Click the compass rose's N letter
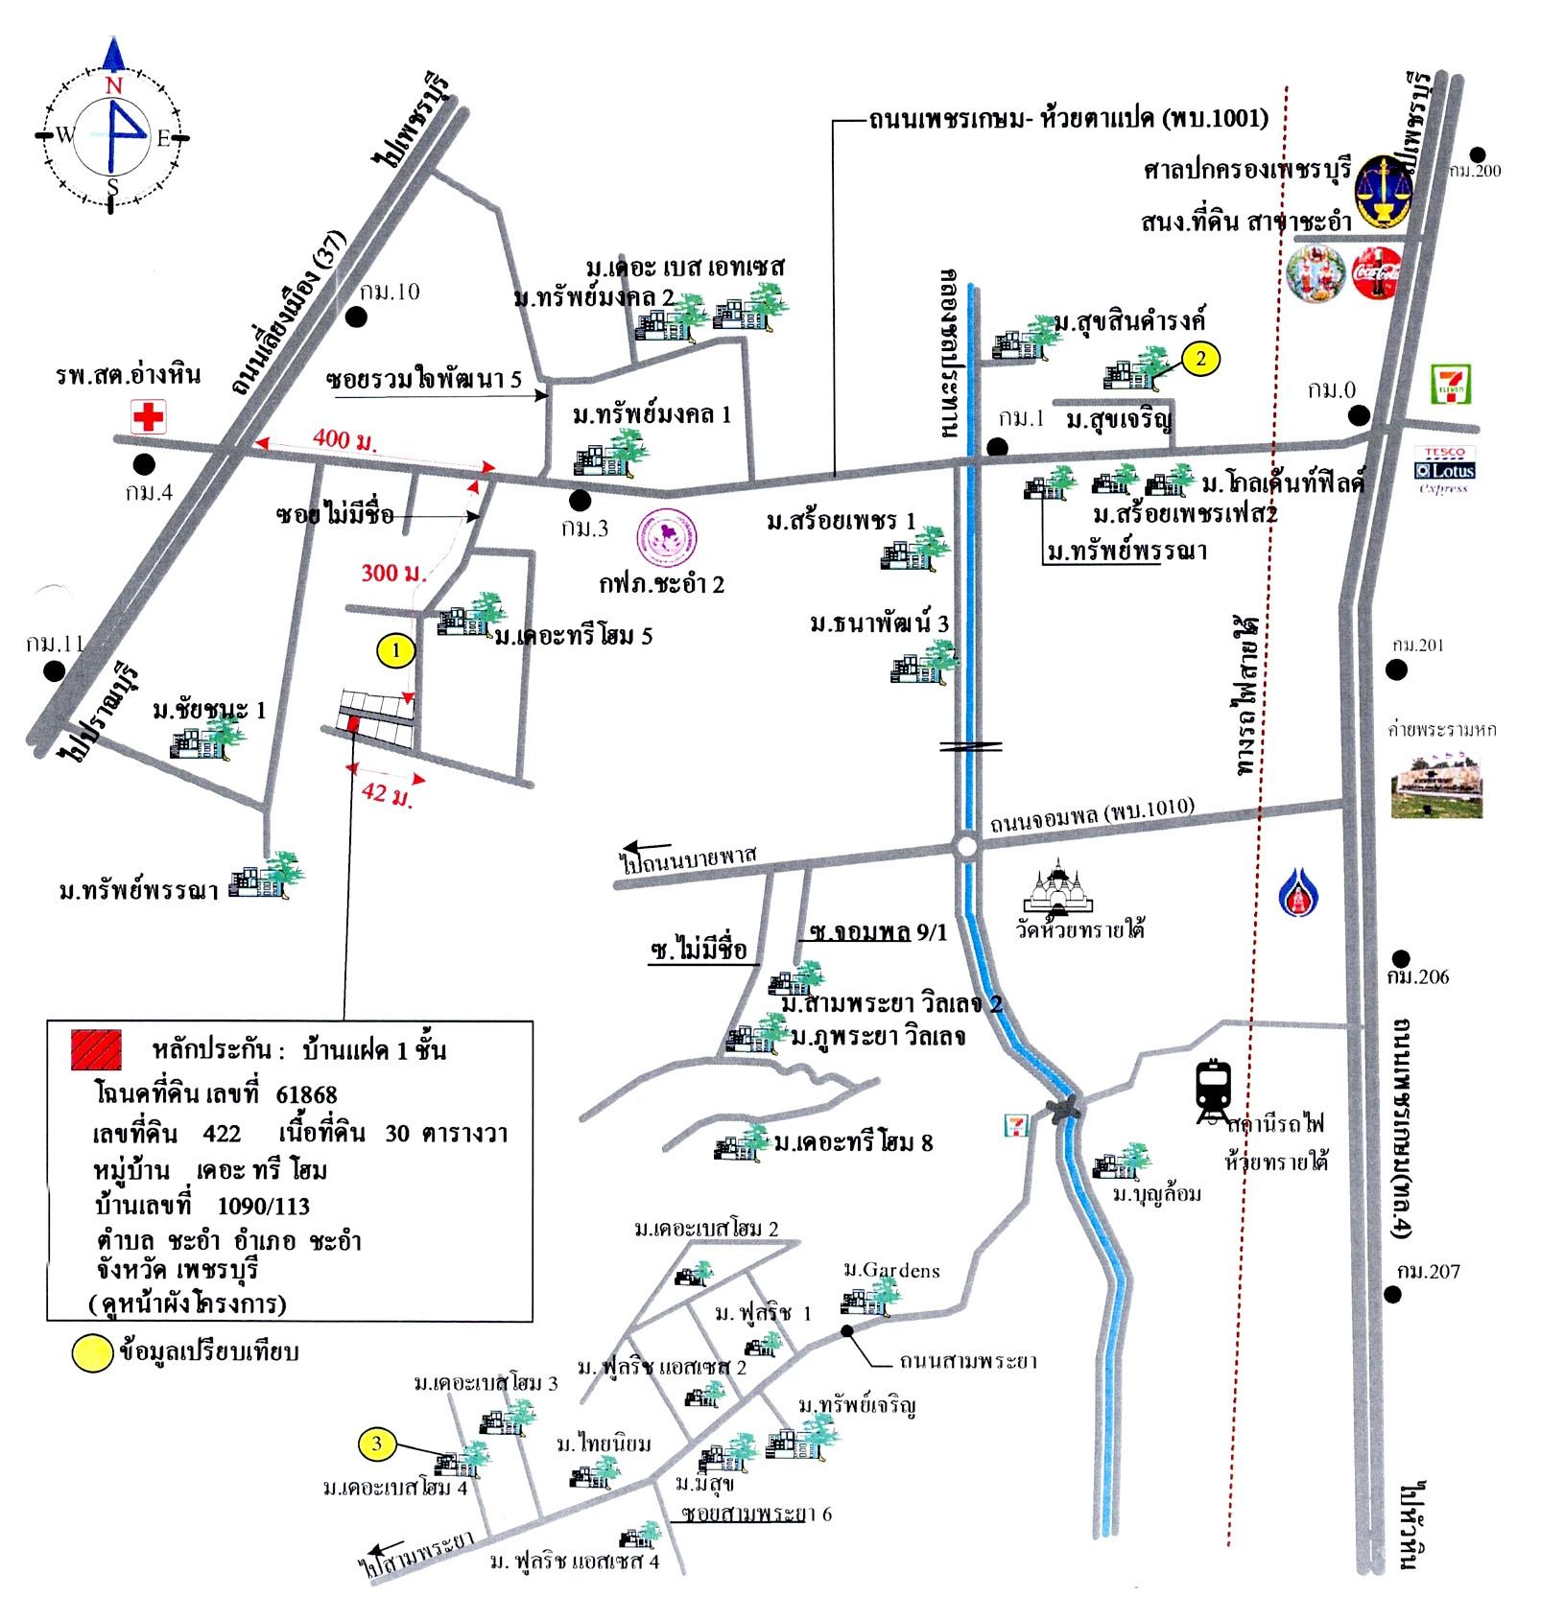tap(114, 84)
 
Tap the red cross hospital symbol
tap(149, 417)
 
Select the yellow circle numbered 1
tap(396, 651)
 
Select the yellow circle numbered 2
tap(1201, 359)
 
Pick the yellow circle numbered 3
tap(377, 1443)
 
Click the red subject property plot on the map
tap(352, 725)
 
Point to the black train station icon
tap(1213, 1090)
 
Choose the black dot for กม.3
tap(580, 501)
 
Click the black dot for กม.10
tap(358, 316)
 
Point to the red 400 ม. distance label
tap(345, 439)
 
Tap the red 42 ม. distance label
tap(388, 793)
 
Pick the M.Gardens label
tap(891, 1270)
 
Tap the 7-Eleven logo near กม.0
tap(1451, 385)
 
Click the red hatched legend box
tap(95, 1049)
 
